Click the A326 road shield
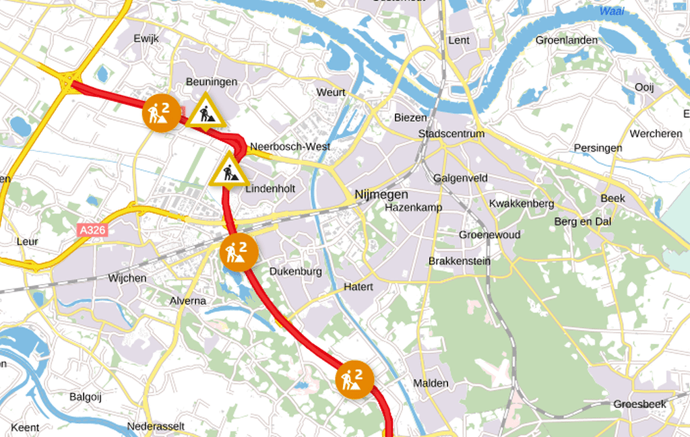92,230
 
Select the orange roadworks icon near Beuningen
161,112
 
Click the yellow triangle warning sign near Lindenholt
229,171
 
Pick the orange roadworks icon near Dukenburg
239,253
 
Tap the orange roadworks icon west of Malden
354,380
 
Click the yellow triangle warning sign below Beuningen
206,112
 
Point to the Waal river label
612,11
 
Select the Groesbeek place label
639,404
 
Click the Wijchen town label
127,278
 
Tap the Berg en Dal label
580,222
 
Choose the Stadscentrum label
451,133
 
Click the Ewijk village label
146,38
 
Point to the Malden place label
431,383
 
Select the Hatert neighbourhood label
358,287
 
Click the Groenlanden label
566,40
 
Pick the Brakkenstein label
460,261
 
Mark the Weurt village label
331,92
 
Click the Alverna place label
188,300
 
